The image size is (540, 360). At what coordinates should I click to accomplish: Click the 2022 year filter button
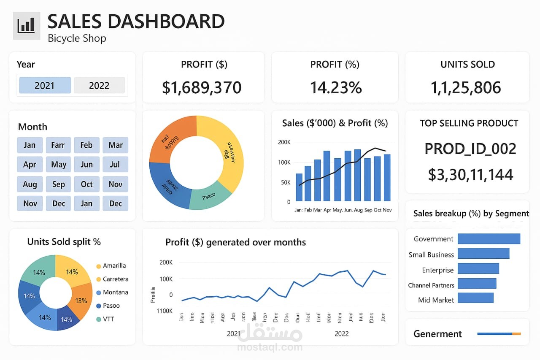99,85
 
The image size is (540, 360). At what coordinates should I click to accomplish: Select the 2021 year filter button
45,85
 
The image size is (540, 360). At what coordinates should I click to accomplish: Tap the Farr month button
58,145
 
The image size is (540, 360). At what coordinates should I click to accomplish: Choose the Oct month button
86,184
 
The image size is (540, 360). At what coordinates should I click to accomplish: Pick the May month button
58,165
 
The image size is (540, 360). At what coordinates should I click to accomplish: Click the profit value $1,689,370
202,87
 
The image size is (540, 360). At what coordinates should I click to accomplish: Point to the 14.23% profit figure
336,87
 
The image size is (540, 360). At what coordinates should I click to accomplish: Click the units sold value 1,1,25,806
466,87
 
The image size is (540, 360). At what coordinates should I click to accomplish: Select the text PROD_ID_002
470,149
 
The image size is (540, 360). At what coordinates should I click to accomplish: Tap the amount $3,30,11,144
470,174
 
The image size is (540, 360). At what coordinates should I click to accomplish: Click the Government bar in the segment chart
489,239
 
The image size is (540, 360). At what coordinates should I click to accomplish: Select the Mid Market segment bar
475,298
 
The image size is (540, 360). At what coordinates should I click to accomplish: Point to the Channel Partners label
431,285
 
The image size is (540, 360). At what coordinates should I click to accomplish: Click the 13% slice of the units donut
81,300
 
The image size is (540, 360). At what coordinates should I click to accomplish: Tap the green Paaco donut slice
208,196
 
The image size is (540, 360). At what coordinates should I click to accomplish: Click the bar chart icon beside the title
26,25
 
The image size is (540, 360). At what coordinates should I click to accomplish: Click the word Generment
437,334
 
